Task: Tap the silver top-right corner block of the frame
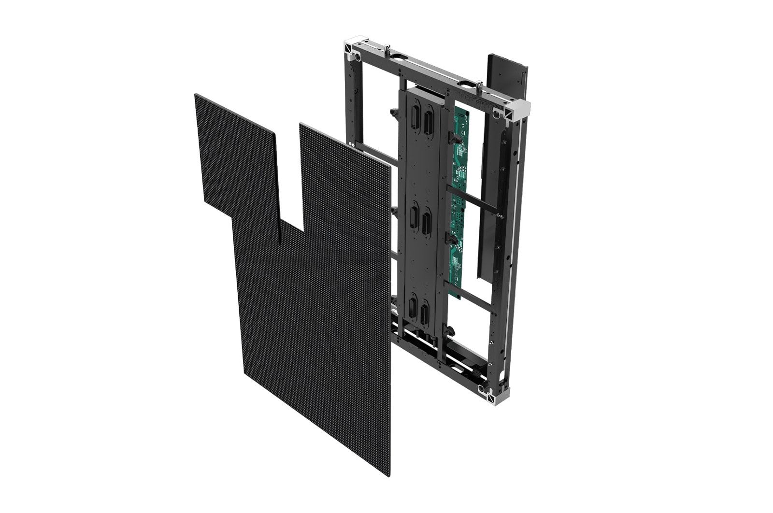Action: tap(517, 110)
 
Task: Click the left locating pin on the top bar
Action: tap(387, 50)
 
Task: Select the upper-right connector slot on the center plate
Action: tap(428, 123)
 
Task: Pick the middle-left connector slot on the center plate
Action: tap(414, 216)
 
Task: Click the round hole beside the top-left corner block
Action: tap(358, 57)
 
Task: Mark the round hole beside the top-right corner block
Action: tap(497, 114)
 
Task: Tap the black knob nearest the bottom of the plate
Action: tap(450, 331)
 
